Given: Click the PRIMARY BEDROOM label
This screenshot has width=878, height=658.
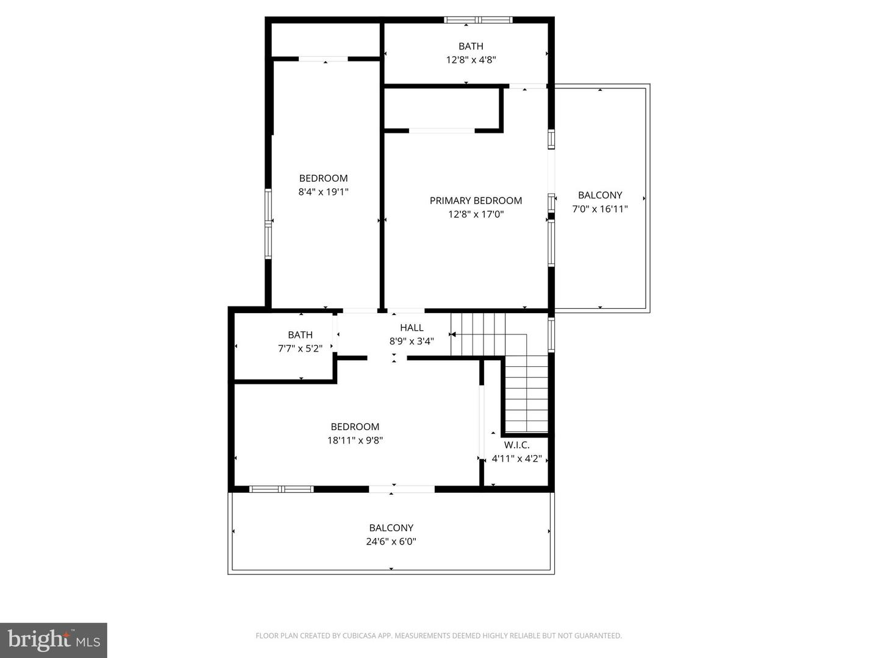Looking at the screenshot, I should pos(476,200).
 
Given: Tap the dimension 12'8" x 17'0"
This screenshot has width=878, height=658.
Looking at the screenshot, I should pos(476,214).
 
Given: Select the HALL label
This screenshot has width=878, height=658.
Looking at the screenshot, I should pos(412,328).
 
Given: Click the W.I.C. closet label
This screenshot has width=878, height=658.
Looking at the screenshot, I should pos(516,445).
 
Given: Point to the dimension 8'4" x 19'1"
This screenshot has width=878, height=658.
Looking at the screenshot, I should pos(323,192).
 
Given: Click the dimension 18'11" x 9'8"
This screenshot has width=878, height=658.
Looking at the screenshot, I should pos(355,440).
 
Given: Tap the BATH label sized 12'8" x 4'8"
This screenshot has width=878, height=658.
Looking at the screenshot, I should pos(471,46).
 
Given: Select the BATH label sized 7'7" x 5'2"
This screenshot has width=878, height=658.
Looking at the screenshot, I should pos(300,335).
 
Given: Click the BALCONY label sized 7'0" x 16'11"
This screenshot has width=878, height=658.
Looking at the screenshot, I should pos(600,195).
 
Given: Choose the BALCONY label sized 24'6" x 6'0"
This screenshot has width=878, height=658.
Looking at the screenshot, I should pos(391,528).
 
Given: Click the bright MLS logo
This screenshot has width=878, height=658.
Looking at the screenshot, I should pos(54,640).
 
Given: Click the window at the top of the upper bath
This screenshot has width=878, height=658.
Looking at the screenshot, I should pos(479,20).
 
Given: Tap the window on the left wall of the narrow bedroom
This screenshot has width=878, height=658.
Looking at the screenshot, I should pos(268,224).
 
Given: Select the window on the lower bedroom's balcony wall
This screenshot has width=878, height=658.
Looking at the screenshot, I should pos(282,489).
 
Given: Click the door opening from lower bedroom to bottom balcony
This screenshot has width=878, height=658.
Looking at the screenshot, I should pos(402,489).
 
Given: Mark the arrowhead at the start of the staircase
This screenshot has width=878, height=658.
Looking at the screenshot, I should pos(452,334).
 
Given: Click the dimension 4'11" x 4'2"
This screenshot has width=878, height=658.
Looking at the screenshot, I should pos(516,459).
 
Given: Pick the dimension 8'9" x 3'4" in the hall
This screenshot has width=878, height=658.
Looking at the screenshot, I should pos(412,342).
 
